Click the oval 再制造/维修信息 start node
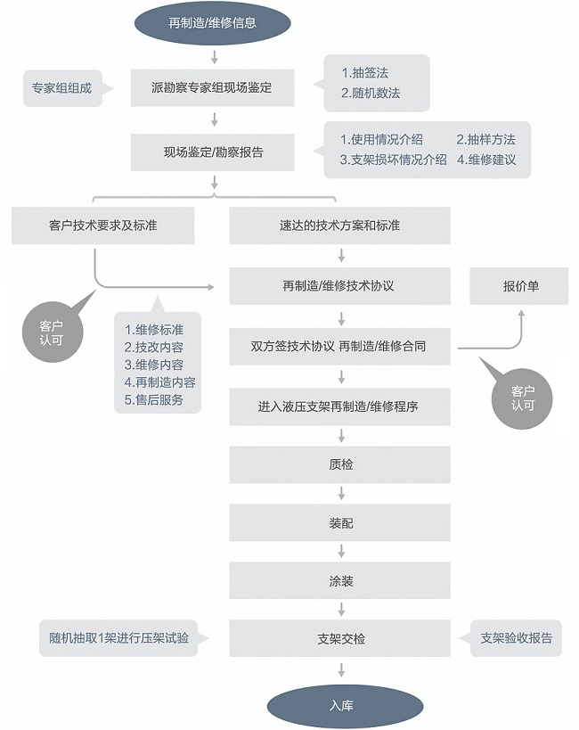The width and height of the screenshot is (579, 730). [213, 22]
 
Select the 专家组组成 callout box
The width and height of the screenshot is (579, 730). [61, 88]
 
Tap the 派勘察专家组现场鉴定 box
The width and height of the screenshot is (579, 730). [213, 88]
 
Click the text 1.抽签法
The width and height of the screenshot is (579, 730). [365, 73]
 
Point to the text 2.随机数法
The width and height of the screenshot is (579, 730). [371, 93]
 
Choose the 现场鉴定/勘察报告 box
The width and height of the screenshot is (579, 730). [213, 152]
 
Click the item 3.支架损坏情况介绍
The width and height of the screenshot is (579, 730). [394, 160]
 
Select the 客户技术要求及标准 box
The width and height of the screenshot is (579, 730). [103, 226]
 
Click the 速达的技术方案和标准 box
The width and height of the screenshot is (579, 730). [340, 226]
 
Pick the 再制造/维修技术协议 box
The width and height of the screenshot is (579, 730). [340, 286]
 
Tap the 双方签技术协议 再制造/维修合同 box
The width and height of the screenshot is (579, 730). [340, 346]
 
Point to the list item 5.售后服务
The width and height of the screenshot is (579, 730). [154, 400]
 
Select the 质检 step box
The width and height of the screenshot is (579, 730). [340, 464]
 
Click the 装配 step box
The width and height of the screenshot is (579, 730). [340, 522]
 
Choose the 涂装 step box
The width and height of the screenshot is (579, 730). [340, 581]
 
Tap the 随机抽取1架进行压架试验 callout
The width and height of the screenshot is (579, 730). [119, 638]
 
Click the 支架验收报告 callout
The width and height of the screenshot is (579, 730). [517, 638]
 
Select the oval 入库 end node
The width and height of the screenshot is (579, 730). [340, 705]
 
